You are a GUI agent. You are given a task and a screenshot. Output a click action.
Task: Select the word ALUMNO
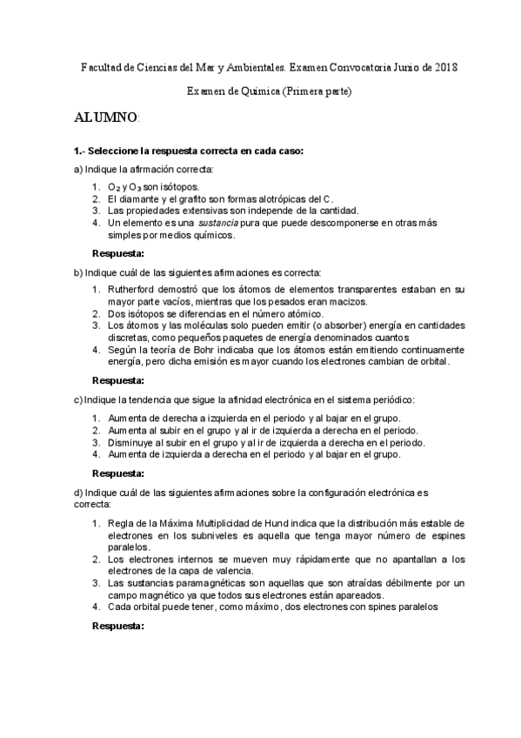point(104,117)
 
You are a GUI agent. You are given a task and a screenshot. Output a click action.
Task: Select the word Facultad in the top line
point(101,67)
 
